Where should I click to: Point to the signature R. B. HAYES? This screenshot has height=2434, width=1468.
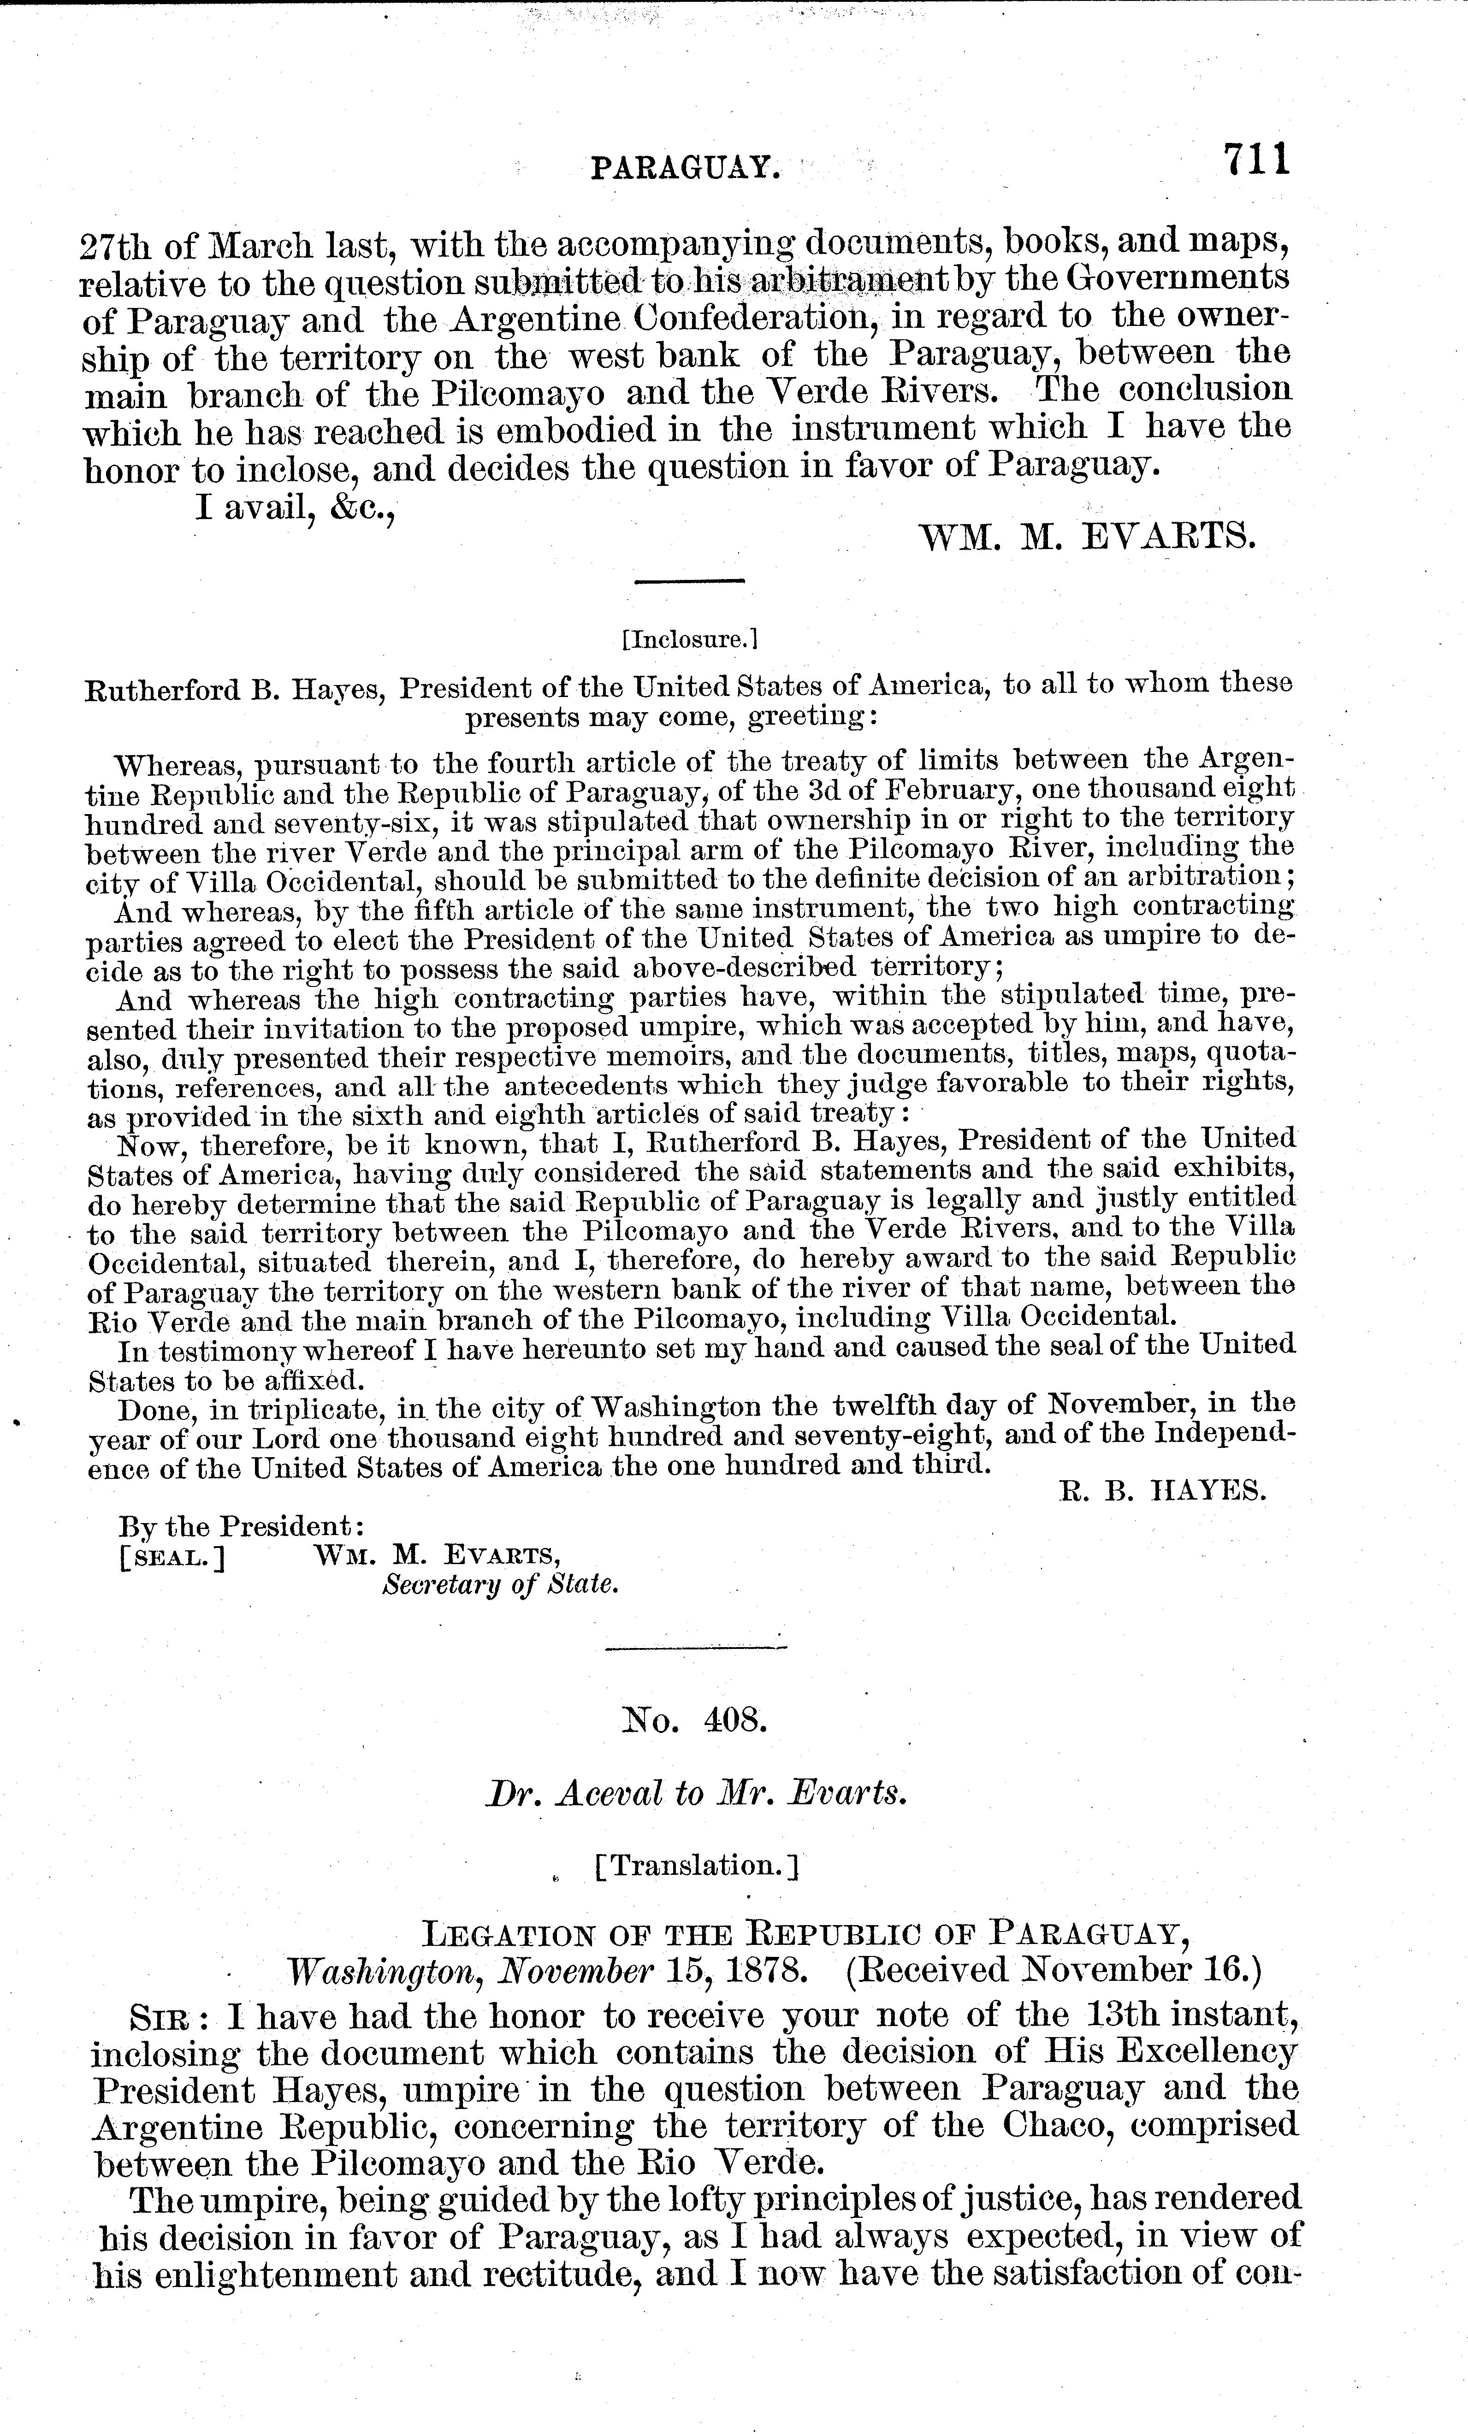click(x=1163, y=1492)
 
